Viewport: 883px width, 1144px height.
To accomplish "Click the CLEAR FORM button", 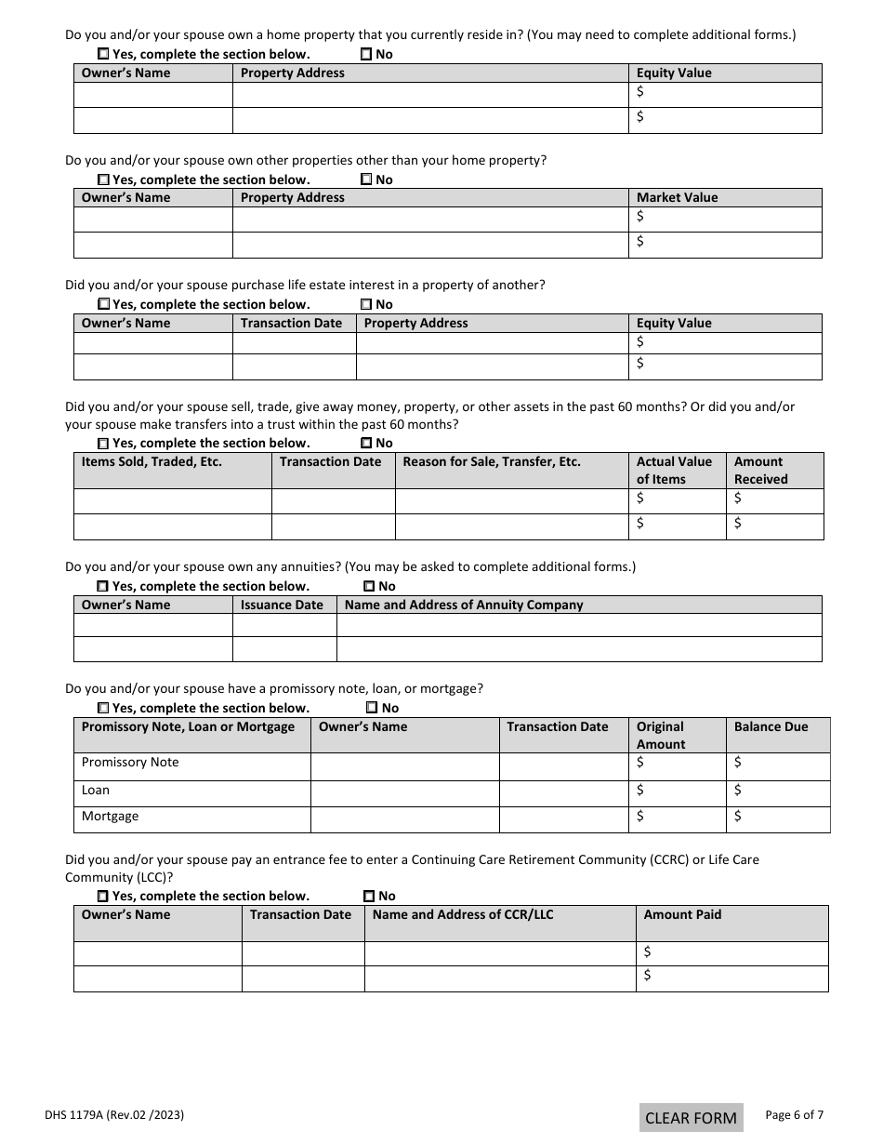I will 691,1117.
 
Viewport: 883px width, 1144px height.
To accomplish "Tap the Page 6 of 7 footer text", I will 794,1114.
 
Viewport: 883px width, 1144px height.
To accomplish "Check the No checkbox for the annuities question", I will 369,586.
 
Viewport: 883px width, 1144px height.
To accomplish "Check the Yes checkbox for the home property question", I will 103,54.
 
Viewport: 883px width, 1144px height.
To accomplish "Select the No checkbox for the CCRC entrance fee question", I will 369,896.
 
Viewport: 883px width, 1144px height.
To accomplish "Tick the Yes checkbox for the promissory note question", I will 103,708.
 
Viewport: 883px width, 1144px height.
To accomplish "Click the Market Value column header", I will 677,197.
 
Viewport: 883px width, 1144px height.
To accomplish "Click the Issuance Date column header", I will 282,605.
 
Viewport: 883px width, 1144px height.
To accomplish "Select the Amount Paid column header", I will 682,914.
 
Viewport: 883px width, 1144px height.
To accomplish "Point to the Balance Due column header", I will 771,726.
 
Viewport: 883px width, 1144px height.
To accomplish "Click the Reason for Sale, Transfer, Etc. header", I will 491,461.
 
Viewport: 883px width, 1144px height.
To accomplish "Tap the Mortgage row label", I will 110,816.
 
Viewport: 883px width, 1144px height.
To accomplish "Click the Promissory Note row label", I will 130,762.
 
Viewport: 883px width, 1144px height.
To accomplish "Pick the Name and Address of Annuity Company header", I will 464,605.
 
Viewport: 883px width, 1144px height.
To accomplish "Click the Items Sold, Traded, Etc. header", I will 152,461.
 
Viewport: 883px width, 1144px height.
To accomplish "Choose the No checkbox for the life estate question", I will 366,304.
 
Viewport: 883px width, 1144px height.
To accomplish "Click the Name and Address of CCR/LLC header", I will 462,914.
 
